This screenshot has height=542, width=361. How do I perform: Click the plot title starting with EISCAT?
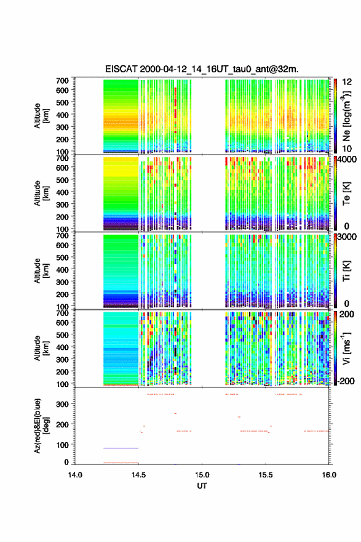click(x=202, y=69)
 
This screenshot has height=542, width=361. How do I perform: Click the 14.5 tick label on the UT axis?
click(x=138, y=475)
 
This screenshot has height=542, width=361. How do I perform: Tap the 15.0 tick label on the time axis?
click(x=202, y=475)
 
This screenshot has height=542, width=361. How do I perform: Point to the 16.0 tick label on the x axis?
click(x=329, y=475)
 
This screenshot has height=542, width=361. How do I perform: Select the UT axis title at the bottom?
click(x=202, y=486)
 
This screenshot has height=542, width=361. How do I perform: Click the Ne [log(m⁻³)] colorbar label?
click(x=347, y=116)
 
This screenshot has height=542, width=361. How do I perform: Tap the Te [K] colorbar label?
click(x=346, y=193)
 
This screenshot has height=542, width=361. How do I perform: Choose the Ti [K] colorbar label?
click(x=346, y=271)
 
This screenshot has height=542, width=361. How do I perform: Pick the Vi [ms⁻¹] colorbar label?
click(x=346, y=349)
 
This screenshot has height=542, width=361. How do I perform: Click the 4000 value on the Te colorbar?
click(x=347, y=160)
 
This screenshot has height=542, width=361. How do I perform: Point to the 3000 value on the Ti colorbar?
click(x=347, y=237)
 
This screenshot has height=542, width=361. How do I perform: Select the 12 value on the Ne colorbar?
click(x=347, y=83)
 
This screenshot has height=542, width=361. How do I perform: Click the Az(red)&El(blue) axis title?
click(x=40, y=426)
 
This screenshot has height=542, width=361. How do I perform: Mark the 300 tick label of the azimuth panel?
click(x=63, y=404)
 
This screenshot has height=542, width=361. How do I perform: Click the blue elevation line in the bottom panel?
click(x=121, y=448)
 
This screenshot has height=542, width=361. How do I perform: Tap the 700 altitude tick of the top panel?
click(x=63, y=81)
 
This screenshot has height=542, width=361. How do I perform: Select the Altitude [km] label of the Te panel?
click(x=41, y=193)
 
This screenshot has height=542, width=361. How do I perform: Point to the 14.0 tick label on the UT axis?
click(x=75, y=475)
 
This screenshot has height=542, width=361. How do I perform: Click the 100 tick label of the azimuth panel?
click(x=63, y=445)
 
